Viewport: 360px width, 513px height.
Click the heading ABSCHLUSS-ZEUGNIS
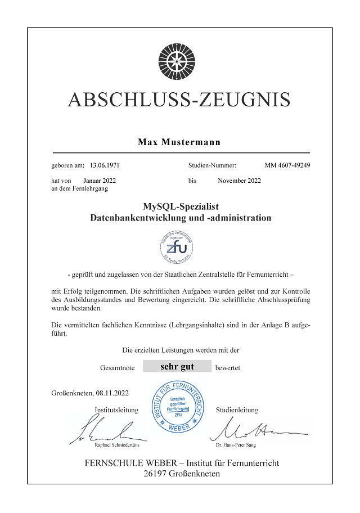[179, 99]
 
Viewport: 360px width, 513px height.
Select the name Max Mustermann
[179, 142]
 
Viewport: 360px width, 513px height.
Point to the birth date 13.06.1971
[105, 166]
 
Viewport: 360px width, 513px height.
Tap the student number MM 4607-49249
[287, 166]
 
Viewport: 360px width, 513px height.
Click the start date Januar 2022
[100, 181]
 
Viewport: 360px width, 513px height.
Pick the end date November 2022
[239, 181]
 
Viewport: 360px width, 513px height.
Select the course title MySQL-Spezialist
[181, 206]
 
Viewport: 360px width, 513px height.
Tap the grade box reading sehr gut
[177, 367]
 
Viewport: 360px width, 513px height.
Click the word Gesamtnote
[118, 367]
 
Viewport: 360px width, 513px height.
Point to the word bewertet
[228, 367]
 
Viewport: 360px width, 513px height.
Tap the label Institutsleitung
[116, 410]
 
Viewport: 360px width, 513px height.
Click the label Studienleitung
[237, 410]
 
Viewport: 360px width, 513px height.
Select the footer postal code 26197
[157, 474]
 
